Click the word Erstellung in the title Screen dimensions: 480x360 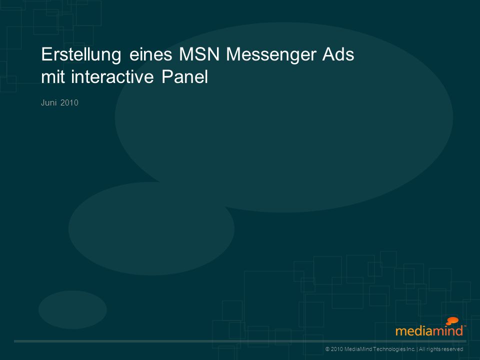coord(81,55)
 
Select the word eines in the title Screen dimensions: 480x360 coord(150,54)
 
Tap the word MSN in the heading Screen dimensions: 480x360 coord(199,54)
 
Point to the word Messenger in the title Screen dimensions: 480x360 coord(271,55)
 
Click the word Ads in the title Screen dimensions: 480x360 coord(338,54)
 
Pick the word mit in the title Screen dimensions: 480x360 coord(52,77)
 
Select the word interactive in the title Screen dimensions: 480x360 coord(112,77)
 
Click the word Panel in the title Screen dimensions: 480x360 coord(184,77)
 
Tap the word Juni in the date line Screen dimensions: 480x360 coord(48,102)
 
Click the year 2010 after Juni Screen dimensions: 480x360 coord(69,102)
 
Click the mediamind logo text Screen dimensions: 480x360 coord(429,331)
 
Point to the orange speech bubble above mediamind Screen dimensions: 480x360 coord(452,321)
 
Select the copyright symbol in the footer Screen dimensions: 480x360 coord(327,349)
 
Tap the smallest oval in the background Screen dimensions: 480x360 coord(72,310)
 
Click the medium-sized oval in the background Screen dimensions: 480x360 coord(151,228)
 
